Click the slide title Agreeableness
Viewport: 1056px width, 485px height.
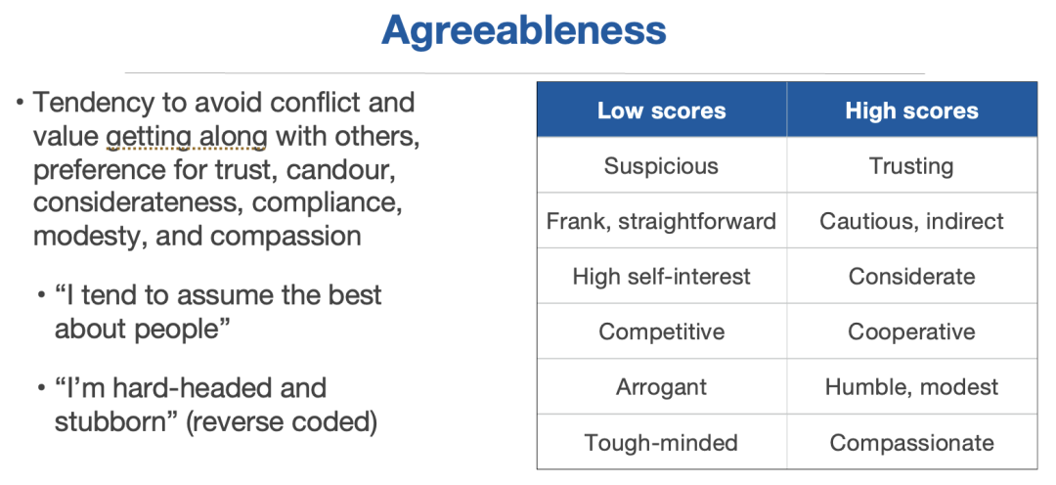(x=524, y=31)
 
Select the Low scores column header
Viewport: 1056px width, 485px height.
(x=661, y=110)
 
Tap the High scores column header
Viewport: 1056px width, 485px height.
(x=912, y=110)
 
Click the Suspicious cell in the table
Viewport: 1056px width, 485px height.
(x=661, y=165)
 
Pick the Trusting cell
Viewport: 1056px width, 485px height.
(x=912, y=165)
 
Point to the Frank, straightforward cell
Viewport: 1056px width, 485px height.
(x=661, y=221)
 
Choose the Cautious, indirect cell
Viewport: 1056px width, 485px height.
(x=912, y=221)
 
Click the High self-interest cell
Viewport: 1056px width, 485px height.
(x=661, y=276)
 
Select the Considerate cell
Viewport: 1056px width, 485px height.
(x=912, y=276)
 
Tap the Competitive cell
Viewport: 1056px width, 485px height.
(x=661, y=331)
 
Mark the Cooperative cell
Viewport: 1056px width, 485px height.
(x=912, y=331)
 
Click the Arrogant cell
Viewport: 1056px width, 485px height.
(x=661, y=386)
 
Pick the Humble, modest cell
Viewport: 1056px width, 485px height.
(x=912, y=386)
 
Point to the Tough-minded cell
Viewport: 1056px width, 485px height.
(x=661, y=443)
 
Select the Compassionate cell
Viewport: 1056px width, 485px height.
(x=912, y=443)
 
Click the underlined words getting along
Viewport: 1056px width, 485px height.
(x=187, y=138)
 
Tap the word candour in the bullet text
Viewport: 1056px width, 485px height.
(x=340, y=170)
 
